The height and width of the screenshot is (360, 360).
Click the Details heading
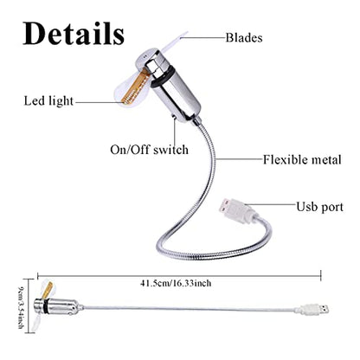tap(74, 34)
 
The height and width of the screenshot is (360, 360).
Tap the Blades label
tap(244, 38)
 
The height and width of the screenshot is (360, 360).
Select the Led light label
tap(48, 101)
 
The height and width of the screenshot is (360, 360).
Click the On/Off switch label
tap(150, 150)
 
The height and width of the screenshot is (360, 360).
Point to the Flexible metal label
tap(302, 159)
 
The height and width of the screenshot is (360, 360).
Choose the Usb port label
tap(320, 207)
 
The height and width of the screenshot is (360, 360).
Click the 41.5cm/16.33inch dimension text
tap(176, 283)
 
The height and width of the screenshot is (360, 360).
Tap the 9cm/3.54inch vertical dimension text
tap(21, 308)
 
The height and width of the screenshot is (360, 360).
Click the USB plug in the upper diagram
tap(235, 210)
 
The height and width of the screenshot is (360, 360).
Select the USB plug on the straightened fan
tap(313, 309)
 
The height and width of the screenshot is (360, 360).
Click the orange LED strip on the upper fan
tap(135, 87)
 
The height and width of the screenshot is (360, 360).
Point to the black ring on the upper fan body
tap(161, 77)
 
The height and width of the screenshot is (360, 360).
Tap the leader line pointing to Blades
tap(202, 37)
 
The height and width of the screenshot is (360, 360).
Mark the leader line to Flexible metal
tap(240, 159)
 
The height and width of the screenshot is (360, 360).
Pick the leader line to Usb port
tap(273, 204)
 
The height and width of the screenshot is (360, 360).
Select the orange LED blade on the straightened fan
tap(47, 291)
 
